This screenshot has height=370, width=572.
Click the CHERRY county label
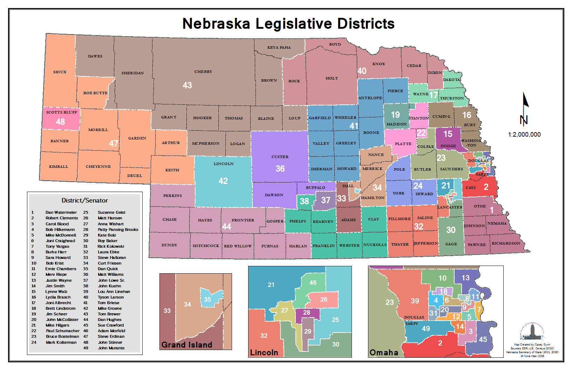coord(203,71)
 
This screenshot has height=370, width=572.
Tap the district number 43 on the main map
coord(187,85)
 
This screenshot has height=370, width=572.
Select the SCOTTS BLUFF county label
coord(62,112)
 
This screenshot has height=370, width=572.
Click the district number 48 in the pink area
coord(60,122)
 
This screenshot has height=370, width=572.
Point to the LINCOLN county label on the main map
coord(224,164)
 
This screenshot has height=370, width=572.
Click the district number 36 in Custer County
coord(280,169)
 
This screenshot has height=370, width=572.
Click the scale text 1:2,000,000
coord(524,135)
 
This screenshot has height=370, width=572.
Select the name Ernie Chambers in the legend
coord(61,269)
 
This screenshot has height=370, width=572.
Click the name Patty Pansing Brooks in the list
coord(118,229)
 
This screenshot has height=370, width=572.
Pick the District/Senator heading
coord(85,200)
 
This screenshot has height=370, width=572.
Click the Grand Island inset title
coord(187,345)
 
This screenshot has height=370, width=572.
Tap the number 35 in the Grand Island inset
coord(207,300)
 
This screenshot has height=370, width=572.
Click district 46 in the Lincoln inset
coord(313,282)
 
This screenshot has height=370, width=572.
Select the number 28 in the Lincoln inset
coord(307,312)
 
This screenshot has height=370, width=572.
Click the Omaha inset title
coord(384,352)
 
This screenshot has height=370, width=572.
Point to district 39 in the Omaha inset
coord(415,301)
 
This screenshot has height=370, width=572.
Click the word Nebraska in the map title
coord(216,24)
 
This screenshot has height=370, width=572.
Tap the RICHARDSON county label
coord(506,243)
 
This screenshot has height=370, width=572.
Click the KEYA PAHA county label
coord(279,47)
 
